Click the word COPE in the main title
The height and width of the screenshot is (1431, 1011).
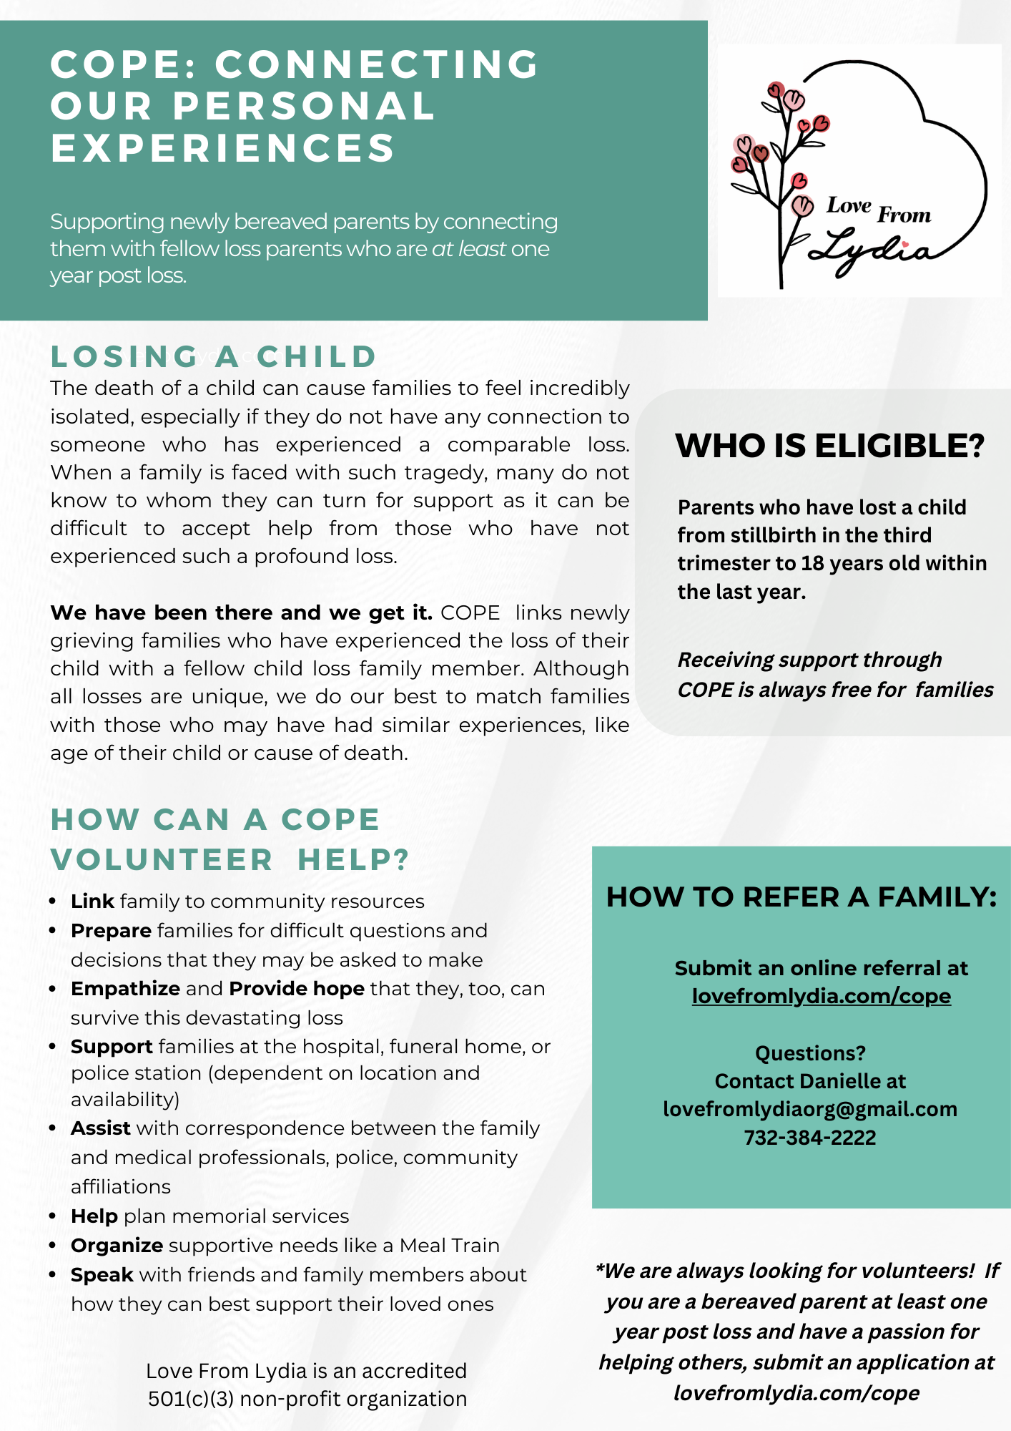(121, 64)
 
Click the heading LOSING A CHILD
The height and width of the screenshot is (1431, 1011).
(213, 356)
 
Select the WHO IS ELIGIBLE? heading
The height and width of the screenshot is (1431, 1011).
(830, 446)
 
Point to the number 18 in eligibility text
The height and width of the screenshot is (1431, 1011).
(812, 564)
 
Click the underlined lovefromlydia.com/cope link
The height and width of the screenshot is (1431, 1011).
(821, 996)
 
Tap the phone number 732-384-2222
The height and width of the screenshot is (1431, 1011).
(809, 1138)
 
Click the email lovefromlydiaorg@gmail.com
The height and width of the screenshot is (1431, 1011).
(809, 1109)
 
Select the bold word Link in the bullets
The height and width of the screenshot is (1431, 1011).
(92, 902)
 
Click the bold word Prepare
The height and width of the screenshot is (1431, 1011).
(111, 931)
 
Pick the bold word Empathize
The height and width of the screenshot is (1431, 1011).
(125, 989)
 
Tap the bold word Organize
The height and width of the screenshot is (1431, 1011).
(117, 1246)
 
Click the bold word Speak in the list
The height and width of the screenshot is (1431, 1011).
(102, 1275)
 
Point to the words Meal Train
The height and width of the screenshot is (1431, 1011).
(449, 1246)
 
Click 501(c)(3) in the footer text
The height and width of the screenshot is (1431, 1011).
(191, 1399)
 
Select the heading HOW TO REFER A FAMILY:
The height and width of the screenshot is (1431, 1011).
(801, 897)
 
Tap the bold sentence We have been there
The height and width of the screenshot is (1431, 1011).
(241, 613)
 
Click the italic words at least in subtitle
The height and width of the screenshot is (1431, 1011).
(468, 249)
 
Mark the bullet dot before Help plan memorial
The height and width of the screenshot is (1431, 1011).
(53, 1216)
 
